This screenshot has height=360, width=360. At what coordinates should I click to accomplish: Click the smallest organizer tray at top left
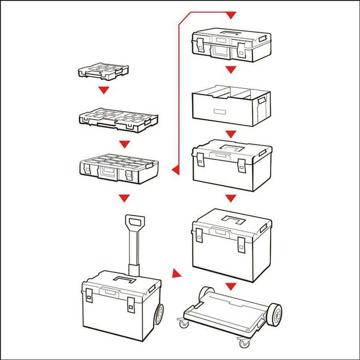coord(103,72)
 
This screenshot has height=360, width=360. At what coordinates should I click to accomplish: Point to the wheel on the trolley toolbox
coord(159,315)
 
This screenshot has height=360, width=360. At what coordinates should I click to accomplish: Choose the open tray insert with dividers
coord(230,105)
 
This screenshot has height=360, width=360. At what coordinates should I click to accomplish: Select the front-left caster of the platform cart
coord(183,323)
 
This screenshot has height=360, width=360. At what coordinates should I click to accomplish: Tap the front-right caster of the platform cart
coord(242,340)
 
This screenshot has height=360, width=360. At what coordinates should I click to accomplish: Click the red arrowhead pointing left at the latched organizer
coord(175,169)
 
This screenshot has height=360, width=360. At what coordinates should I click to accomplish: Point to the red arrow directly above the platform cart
coord(230,286)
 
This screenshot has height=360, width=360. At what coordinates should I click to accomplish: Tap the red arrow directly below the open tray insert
coord(230,134)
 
